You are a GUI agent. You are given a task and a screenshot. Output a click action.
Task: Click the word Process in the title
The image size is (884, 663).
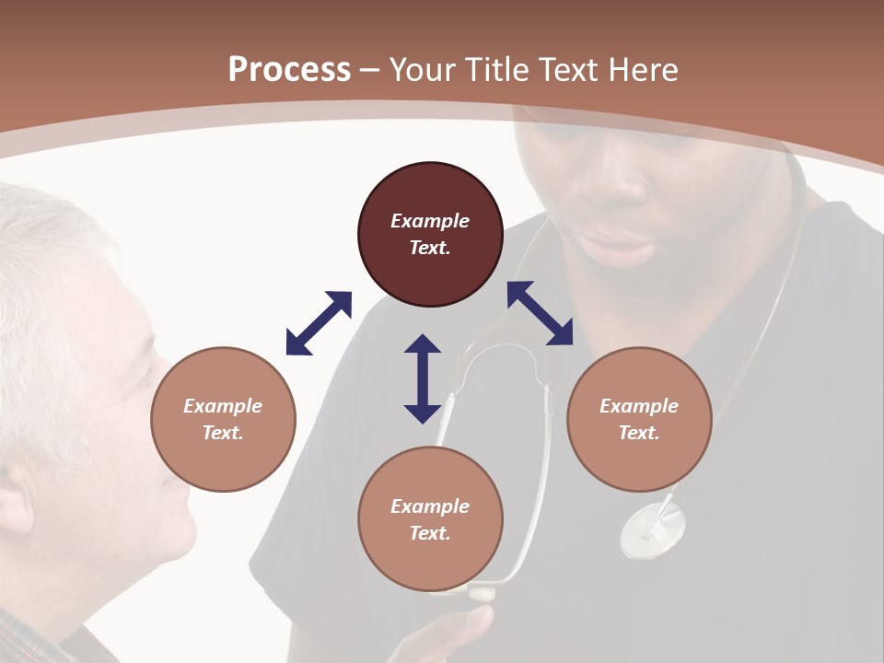[289, 70]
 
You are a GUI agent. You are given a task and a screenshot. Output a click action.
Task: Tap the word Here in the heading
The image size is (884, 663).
[641, 70]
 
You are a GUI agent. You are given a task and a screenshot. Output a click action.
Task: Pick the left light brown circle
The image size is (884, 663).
[223, 419]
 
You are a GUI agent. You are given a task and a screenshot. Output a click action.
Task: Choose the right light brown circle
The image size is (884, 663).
[639, 419]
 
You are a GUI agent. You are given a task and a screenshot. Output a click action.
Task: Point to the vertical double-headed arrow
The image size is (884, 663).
[423, 378]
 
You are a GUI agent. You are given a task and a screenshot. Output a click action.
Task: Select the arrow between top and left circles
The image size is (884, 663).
[319, 323]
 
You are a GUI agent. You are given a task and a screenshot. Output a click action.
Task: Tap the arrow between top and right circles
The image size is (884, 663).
[541, 313]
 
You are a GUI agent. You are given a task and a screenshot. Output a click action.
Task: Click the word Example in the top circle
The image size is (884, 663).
[430, 221]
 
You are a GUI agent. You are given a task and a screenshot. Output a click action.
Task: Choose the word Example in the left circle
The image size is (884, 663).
[223, 406]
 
